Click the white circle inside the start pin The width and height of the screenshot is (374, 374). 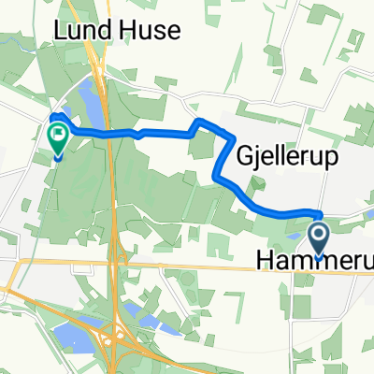[319, 231]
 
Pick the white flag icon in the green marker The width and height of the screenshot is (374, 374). [59, 135]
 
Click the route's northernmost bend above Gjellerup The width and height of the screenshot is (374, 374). [199, 122]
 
